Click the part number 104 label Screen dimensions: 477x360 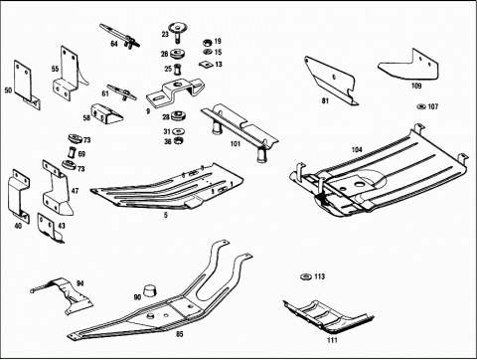click(x=357, y=150)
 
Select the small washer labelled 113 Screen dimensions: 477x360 click(x=305, y=276)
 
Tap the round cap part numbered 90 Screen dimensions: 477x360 click(x=150, y=290)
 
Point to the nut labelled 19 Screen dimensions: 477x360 click(x=208, y=42)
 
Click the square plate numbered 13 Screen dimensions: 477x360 click(x=206, y=64)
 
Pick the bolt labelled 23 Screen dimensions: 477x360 click(x=176, y=32)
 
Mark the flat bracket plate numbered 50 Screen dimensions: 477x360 click(x=27, y=85)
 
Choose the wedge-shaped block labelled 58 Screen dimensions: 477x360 click(x=106, y=113)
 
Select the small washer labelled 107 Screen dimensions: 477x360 click(x=421, y=106)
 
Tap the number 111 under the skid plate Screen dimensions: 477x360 click(x=332, y=340)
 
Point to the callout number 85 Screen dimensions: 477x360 click(x=179, y=334)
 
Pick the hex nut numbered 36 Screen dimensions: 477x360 click(x=179, y=140)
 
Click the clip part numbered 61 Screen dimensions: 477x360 click(x=122, y=92)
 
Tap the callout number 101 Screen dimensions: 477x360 click(x=235, y=144)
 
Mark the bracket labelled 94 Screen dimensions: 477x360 click(x=66, y=295)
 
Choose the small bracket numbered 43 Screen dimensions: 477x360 click(x=50, y=228)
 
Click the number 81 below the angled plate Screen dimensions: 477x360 click(x=325, y=100)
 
